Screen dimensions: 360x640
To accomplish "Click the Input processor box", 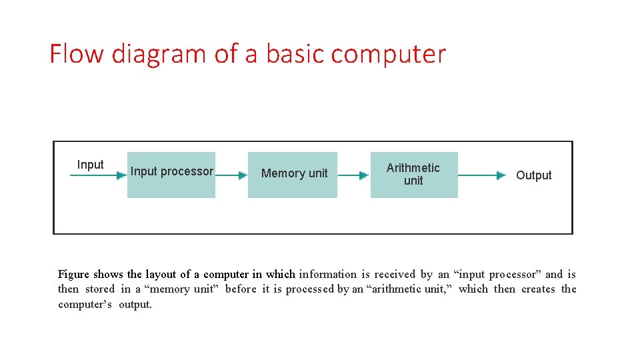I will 171,175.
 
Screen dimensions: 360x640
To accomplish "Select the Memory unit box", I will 293,175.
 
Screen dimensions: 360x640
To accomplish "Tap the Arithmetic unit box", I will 414,175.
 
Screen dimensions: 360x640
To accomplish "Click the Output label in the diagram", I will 533,175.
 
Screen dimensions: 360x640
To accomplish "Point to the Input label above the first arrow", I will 90,165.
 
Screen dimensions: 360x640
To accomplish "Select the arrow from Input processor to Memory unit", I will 232,175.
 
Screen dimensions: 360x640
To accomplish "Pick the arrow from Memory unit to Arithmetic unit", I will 353,175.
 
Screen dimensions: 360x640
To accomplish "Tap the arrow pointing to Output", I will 482,175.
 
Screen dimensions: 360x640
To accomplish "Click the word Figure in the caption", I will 73,275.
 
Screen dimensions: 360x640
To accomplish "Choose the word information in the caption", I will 327,274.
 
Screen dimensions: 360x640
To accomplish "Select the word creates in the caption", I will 538,289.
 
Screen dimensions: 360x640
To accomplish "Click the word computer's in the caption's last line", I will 85,305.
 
